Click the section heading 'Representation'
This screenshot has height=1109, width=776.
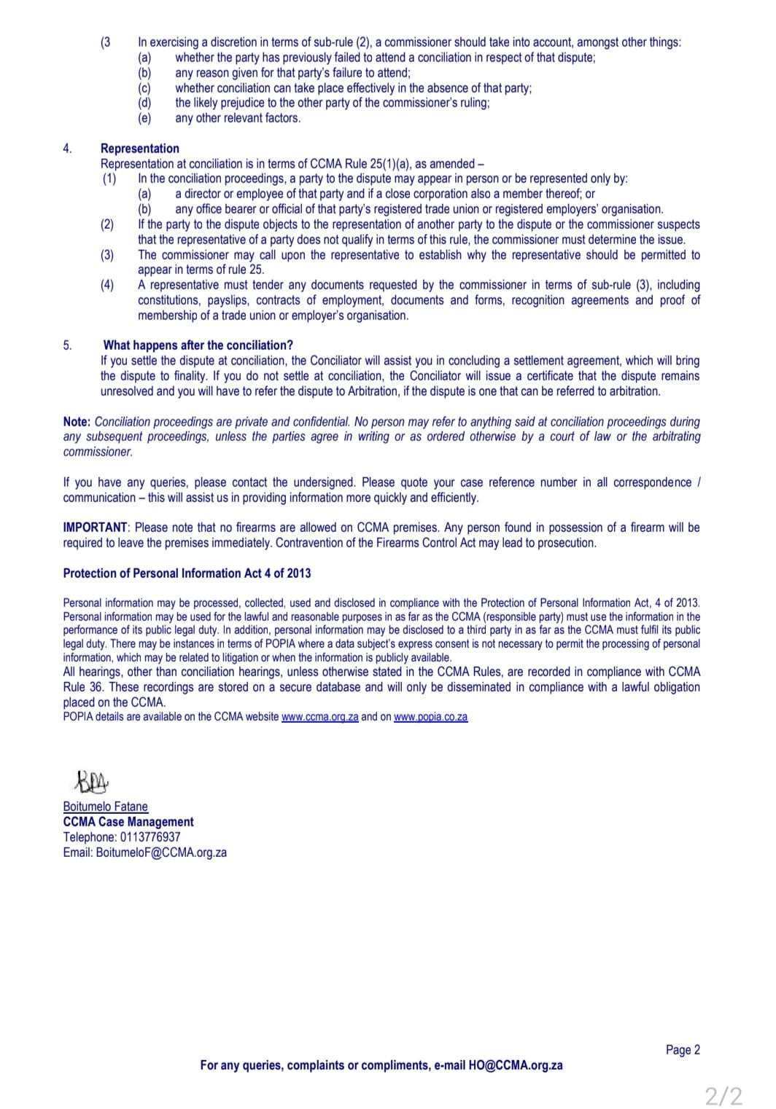coord(139,149)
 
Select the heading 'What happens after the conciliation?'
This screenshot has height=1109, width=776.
coord(198,345)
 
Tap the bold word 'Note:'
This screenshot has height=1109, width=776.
coord(77,422)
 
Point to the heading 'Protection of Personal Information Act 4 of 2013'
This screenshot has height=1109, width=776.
coord(187,573)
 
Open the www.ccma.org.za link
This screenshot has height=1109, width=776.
coord(319,717)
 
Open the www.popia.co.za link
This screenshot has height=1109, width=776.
coord(430,717)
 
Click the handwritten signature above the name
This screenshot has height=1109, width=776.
coord(91,783)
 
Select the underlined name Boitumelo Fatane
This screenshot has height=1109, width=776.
coord(105,807)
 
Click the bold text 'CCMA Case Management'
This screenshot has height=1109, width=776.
coord(128,822)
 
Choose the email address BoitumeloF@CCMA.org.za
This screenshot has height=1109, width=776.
coord(161,853)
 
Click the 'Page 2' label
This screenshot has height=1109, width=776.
coord(683,1050)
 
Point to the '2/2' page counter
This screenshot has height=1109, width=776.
coord(723,1096)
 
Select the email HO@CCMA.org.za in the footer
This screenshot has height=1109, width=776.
coord(515,1065)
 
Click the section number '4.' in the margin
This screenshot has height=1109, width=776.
coord(67,149)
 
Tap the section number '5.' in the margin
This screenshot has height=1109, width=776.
coord(67,345)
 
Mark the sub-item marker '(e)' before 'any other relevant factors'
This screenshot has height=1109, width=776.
coord(144,118)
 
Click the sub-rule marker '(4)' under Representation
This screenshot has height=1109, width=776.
coord(108,285)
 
